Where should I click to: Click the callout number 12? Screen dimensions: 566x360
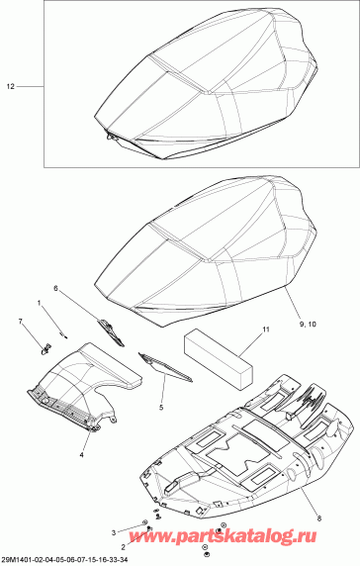tap(12, 88)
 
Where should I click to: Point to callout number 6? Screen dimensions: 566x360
tap(55, 289)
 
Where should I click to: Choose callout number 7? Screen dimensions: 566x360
tap(19, 322)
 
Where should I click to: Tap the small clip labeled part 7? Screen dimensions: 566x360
tap(44, 347)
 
